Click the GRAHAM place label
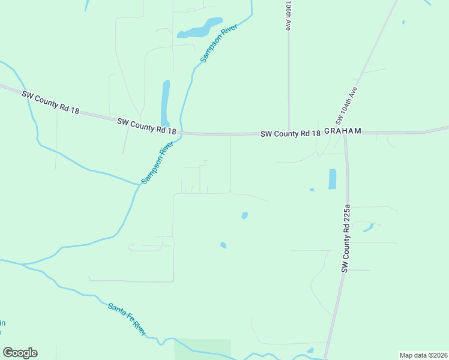[x=342, y=131]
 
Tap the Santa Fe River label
[x=127, y=319]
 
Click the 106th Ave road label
[x=288, y=16]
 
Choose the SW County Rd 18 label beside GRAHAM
[x=290, y=134]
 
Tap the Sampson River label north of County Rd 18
[x=218, y=44]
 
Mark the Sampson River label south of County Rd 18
[x=157, y=162]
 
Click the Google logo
[x=20, y=353]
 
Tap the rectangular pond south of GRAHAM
[x=333, y=179]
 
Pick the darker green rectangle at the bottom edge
[x=202, y=349]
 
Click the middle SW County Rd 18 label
[x=147, y=126]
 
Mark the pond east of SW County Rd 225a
[x=368, y=227]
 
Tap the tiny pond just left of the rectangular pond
[x=312, y=190]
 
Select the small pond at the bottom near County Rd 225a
[x=310, y=350]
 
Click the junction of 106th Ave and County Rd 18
[x=289, y=133]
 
